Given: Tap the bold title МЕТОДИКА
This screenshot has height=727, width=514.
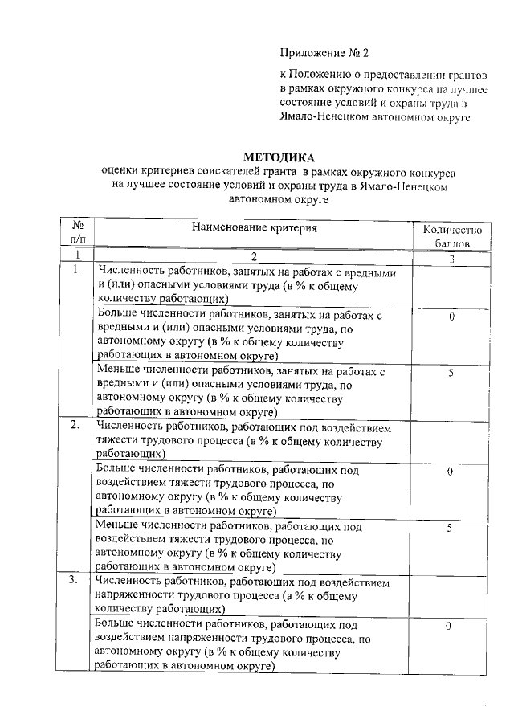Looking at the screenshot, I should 279,157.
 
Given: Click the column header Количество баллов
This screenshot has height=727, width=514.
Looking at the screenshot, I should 452,235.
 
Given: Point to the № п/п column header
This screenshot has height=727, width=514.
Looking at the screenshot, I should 79,233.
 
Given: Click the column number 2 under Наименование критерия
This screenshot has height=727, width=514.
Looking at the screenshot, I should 254,257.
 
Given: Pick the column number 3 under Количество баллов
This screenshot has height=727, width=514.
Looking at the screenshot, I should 452,258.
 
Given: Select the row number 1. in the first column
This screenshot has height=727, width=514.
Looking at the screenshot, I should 77,271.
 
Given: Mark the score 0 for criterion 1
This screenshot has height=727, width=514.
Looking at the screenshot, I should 452,317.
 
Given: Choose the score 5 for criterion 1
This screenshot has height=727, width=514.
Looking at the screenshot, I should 451,373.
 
